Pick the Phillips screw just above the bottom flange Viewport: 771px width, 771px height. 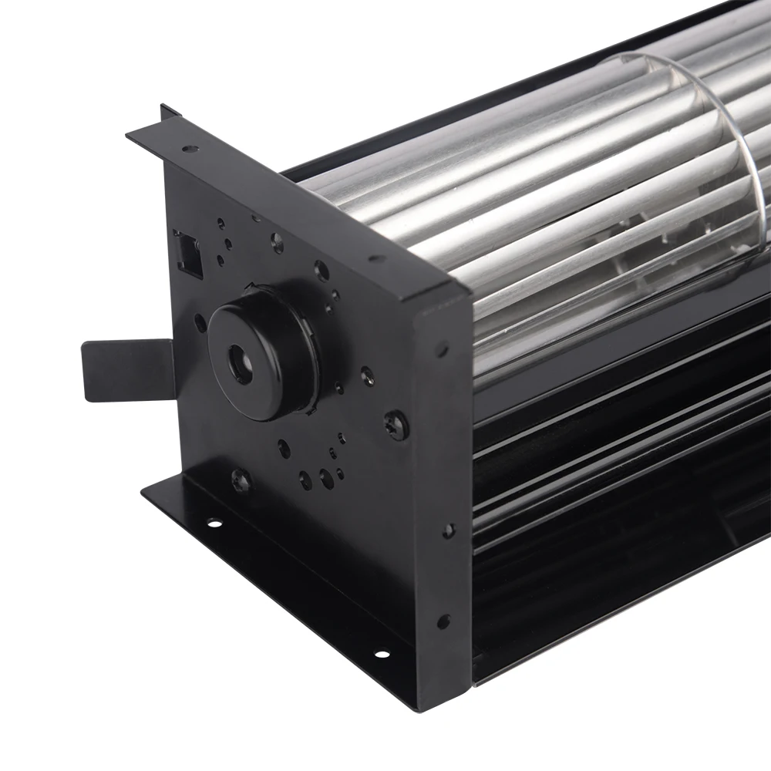click(241, 480)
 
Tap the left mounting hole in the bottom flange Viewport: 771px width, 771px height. click(214, 524)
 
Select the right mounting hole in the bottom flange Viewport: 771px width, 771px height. click(380, 655)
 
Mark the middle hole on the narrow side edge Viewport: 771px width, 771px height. click(447, 530)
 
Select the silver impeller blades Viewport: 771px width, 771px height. click(540, 193)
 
